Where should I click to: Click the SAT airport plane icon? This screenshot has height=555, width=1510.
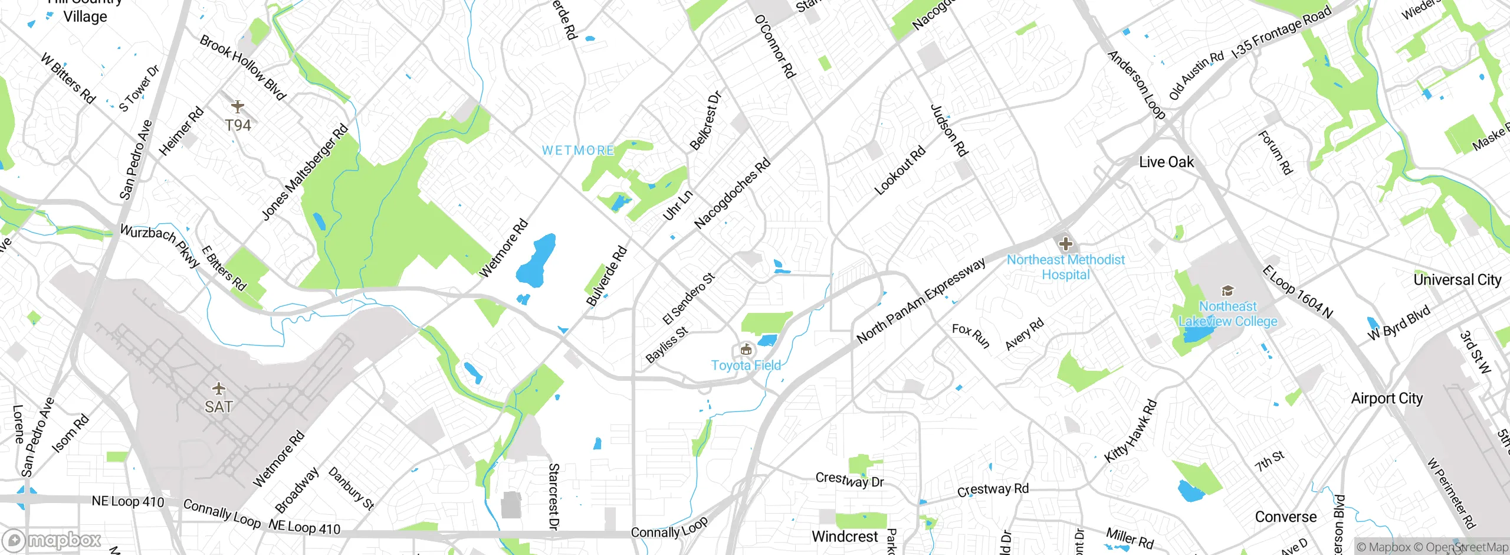(219, 389)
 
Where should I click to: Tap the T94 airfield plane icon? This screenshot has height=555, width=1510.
(237, 107)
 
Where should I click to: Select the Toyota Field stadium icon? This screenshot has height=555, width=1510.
(746, 350)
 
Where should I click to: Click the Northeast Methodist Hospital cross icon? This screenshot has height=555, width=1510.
(1065, 244)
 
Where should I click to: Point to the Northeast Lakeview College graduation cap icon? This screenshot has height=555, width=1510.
(1227, 290)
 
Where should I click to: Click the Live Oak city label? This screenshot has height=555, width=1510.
(1166, 162)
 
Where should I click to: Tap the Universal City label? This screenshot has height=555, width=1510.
(1457, 280)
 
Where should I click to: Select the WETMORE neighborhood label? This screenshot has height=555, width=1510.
(578, 151)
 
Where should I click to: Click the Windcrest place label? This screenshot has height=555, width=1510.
(845, 537)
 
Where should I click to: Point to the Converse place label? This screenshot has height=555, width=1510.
(1285, 517)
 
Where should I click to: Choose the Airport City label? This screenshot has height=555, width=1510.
(1387, 399)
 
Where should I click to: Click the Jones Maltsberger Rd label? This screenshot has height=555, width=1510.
(304, 173)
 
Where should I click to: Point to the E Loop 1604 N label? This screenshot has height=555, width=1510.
(1297, 292)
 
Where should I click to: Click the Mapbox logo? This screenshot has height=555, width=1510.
(52, 540)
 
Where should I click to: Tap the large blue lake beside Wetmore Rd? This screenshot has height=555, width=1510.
(536, 260)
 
